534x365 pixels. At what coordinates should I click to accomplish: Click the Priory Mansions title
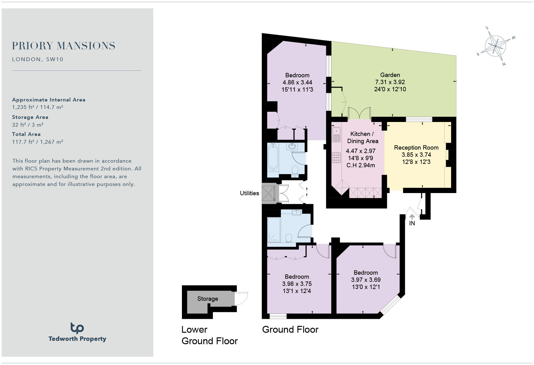tap(64, 46)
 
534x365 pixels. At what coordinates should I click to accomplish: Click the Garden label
tap(390, 75)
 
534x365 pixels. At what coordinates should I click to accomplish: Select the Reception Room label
tap(416, 147)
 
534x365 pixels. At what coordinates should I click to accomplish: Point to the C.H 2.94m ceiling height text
tap(360, 165)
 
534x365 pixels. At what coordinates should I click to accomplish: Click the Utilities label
tap(249, 193)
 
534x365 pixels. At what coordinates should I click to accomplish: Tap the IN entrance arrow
tap(412, 217)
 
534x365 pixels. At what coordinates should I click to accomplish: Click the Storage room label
tap(207, 299)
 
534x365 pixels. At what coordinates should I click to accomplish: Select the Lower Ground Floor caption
tap(209, 335)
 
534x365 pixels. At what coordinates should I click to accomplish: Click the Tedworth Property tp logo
tap(77, 328)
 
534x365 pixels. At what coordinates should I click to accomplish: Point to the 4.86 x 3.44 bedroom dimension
tap(297, 82)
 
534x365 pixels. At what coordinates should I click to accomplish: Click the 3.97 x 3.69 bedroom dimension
tap(366, 280)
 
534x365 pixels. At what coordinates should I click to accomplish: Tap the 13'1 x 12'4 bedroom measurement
tap(296, 291)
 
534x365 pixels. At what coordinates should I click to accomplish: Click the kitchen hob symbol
tap(336, 157)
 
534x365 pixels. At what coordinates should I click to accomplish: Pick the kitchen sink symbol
tap(336, 134)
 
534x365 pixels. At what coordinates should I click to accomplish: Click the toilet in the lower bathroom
tap(288, 238)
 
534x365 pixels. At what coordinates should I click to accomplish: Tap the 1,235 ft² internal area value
tap(23, 107)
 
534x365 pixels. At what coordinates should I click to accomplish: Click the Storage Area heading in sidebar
tap(30, 117)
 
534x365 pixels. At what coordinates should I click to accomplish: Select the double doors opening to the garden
tap(360, 114)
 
